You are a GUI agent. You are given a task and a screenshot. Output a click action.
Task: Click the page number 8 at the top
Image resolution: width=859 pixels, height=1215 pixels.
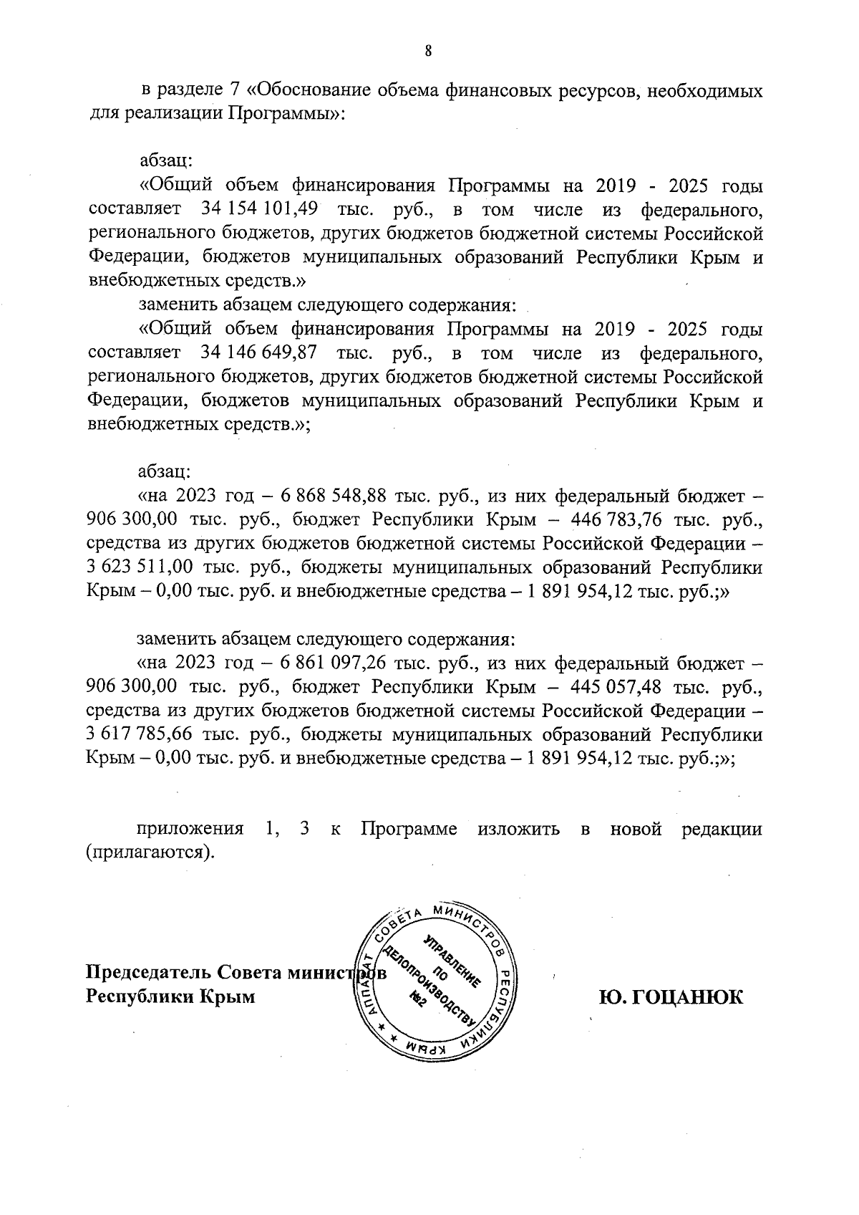[428, 51]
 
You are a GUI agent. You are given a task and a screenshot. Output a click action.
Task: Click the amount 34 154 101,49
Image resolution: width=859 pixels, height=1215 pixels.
[256, 210]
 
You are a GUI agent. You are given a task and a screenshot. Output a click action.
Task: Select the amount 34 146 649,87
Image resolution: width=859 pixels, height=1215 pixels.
[256, 352]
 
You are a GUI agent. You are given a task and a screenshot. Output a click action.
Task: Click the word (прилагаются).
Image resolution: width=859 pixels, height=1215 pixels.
[150, 854]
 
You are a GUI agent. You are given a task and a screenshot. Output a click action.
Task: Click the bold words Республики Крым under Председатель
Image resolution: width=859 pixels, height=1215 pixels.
[170, 997]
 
